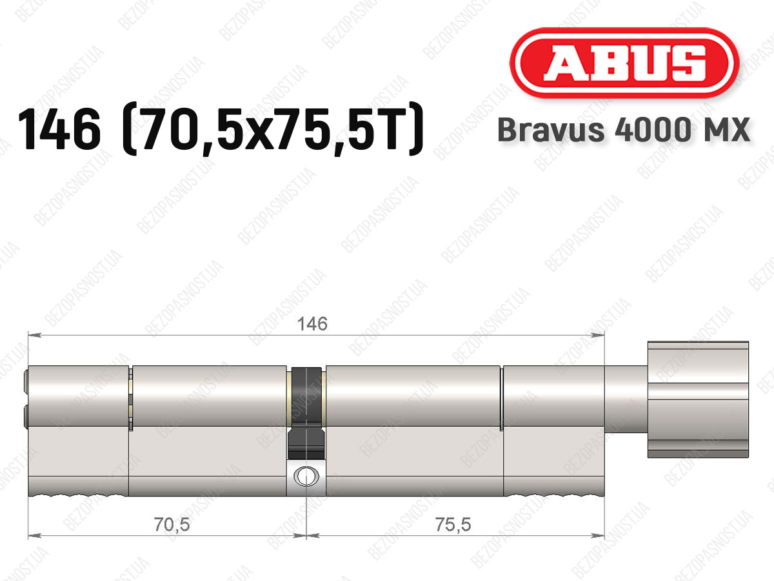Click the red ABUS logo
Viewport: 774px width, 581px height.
pyautogui.click(x=624, y=63)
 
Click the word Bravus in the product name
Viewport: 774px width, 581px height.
pyautogui.click(x=551, y=130)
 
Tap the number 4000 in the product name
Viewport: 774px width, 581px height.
pyautogui.click(x=652, y=130)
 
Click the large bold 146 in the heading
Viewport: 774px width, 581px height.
pyautogui.click(x=59, y=129)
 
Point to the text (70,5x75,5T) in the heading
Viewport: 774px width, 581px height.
pyautogui.click(x=272, y=129)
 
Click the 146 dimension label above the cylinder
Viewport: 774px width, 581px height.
pyautogui.click(x=312, y=323)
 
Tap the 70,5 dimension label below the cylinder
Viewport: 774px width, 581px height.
pyautogui.click(x=172, y=525)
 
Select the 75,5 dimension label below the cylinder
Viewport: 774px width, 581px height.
pyautogui.click(x=453, y=525)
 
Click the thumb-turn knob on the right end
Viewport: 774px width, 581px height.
pyautogui.click(x=698, y=400)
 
